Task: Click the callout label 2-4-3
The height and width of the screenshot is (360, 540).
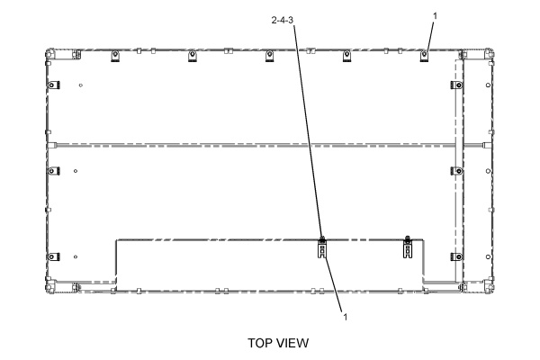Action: point(282,21)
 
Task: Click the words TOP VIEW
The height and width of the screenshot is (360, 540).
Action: point(278,343)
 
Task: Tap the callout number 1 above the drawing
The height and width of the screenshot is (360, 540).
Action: point(435,16)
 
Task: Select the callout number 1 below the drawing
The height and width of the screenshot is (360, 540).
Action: point(346,317)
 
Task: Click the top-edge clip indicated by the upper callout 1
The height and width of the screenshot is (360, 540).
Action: point(424,56)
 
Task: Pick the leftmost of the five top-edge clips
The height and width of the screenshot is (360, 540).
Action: point(115,56)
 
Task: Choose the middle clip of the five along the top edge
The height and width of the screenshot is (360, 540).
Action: point(270,56)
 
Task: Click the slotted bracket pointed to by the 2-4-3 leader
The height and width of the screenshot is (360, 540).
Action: point(321,248)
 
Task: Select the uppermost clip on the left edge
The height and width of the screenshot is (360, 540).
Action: point(53,85)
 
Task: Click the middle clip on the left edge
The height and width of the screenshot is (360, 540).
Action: point(53,170)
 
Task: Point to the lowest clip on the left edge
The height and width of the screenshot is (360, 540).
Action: point(53,256)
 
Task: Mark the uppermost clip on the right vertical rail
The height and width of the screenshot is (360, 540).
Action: point(456,85)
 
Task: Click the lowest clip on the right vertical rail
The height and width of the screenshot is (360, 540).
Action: point(456,256)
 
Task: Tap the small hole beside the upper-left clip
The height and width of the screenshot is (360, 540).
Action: point(81,85)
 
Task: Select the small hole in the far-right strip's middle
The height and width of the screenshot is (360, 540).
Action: point(488,171)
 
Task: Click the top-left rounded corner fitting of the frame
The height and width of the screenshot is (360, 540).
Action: point(50,54)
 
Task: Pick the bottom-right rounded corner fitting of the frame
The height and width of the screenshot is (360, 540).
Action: point(489,286)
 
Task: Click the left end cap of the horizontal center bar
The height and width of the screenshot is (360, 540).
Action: point(51,146)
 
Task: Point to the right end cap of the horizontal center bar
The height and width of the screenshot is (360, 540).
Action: point(487,146)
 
